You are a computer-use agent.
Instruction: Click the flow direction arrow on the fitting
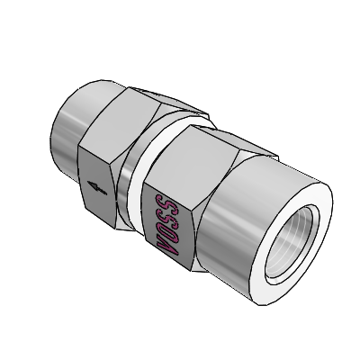97,187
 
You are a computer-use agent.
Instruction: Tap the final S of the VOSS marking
166,201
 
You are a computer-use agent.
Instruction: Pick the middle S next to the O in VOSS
166,214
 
